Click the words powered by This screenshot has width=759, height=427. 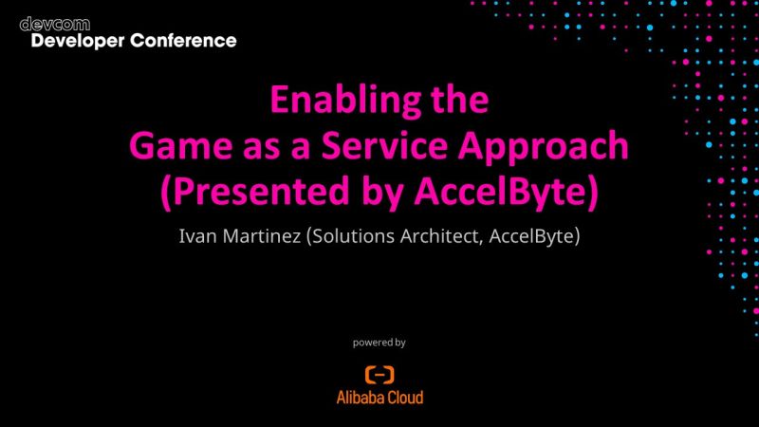pyautogui.click(x=379, y=342)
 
